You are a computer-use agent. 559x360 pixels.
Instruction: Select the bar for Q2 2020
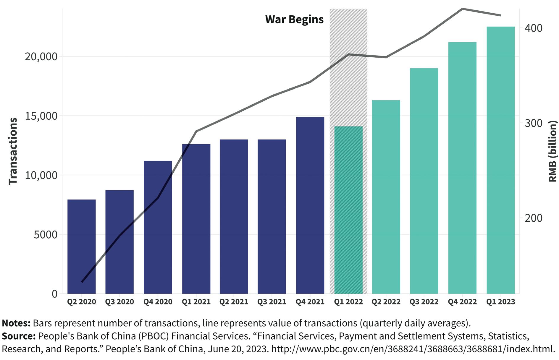(81, 247)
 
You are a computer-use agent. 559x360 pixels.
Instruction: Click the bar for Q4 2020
(158, 228)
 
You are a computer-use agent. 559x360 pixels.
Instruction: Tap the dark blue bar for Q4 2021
(310, 205)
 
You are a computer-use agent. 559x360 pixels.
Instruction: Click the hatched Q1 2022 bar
(348, 210)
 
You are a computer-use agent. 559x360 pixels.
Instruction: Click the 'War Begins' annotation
(294, 20)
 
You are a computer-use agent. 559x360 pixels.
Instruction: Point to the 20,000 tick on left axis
(41, 56)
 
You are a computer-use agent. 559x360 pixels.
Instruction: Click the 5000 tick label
(46, 235)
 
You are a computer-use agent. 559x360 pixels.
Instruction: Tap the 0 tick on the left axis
(55, 294)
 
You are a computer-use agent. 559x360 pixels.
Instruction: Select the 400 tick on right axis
(534, 28)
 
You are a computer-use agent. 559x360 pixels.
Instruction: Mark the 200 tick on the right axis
(534, 218)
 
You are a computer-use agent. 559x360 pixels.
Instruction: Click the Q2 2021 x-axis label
(234, 302)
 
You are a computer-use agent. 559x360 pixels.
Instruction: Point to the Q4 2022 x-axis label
(462, 302)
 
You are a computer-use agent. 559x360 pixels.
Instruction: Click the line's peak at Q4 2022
(462, 9)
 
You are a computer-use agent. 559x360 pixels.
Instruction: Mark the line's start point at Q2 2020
(82, 282)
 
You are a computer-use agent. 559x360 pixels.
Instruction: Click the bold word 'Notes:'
(16, 323)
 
